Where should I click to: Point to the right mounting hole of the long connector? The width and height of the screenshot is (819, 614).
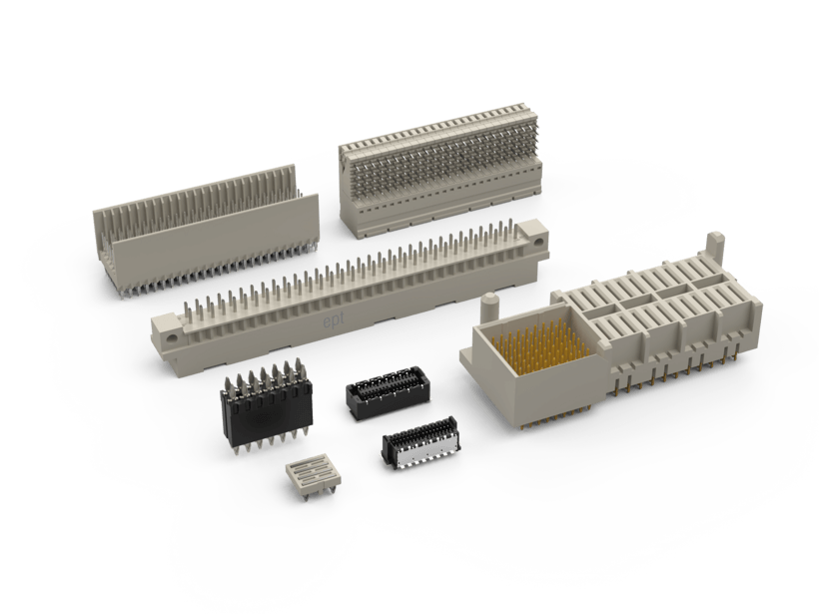pos(537,240)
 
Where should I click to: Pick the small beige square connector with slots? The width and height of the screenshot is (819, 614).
pos(313,476)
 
